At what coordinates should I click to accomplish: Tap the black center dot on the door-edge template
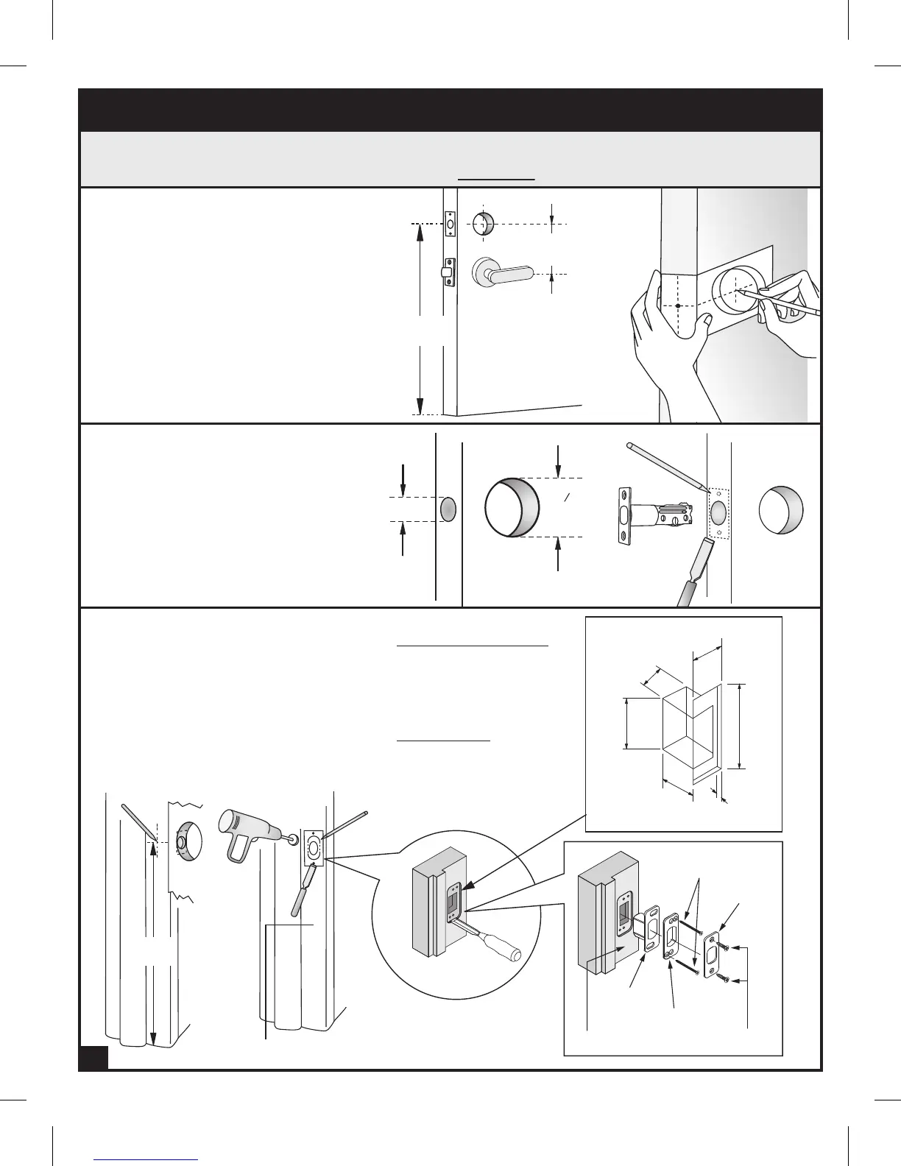coord(677,305)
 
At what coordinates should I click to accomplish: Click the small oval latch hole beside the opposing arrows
coord(448,509)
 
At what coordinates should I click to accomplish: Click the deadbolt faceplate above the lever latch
coord(451,223)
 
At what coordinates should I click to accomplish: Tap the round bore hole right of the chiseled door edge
coord(780,509)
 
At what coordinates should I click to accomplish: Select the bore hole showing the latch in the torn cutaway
coord(186,839)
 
